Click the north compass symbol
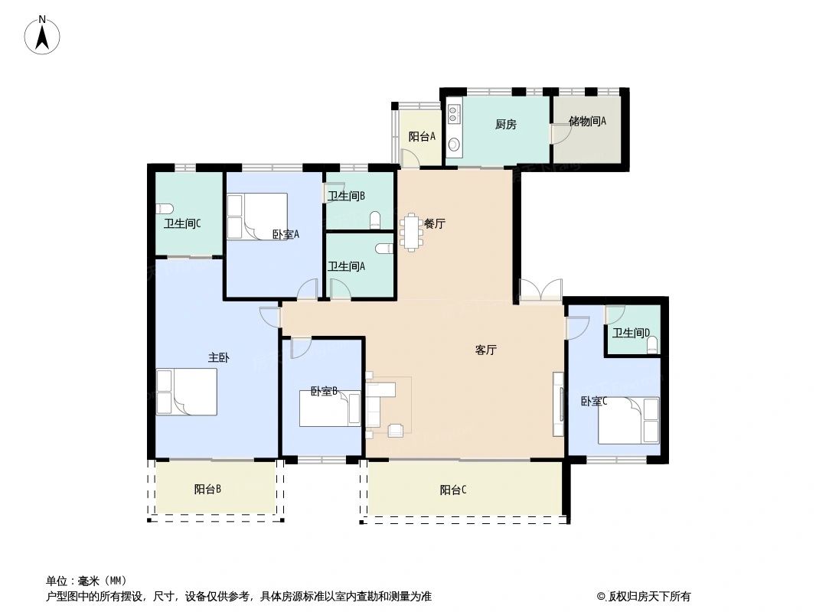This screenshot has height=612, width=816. [x=43, y=34]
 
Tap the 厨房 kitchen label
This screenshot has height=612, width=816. [x=505, y=125]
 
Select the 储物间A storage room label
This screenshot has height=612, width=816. [x=587, y=121]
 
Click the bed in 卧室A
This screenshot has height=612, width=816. [x=256, y=216]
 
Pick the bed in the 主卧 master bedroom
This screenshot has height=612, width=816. [x=187, y=392]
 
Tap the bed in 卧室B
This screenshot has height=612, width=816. [x=330, y=409]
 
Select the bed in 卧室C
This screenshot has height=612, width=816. [x=628, y=419]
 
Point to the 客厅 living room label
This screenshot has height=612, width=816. [x=486, y=350]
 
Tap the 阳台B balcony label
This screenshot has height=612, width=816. [x=207, y=490]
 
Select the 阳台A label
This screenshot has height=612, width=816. [x=422, y=137]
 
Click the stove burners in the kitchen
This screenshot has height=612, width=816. [x=453, y=114]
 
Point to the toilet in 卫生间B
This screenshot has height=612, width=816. [x=374, y=221]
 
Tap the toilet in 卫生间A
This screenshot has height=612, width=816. [x=384, y=248]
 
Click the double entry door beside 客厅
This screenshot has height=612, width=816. [x=540, y=291]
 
